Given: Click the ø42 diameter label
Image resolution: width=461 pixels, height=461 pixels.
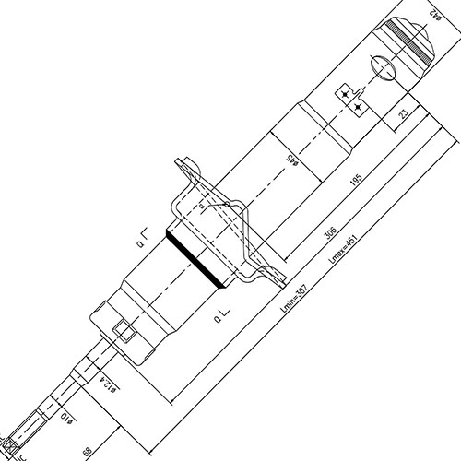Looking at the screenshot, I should tap(436, 13).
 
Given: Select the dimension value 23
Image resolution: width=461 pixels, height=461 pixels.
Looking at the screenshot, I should tap(404, 114).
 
